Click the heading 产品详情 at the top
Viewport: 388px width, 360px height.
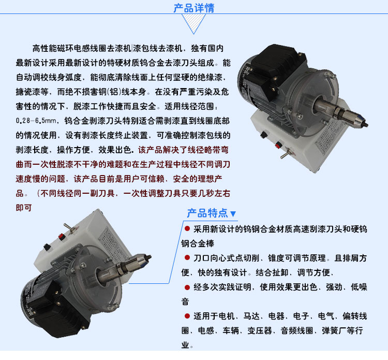tap(194, 8)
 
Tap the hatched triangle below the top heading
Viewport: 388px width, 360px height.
tap(194, 22)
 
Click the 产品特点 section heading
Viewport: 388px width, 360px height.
tap(207, 213)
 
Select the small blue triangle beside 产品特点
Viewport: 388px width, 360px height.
tap(233, 214)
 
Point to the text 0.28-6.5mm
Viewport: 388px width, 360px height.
tap(36, 121)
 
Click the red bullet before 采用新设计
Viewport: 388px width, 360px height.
tap(187, 228)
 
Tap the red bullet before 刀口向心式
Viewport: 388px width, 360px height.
tap(187, 257)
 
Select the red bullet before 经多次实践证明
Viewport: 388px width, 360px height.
tap(187, 287)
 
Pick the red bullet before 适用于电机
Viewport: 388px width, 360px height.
tap(187, 316)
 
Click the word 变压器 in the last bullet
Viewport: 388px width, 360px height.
tap(260, 330)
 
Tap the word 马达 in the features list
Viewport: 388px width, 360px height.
tap(251, 316)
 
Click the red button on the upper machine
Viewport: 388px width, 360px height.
tap(278, 145)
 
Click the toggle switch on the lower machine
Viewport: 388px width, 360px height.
tap(69, 228)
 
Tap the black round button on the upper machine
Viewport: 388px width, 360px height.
tap(264, 135)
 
